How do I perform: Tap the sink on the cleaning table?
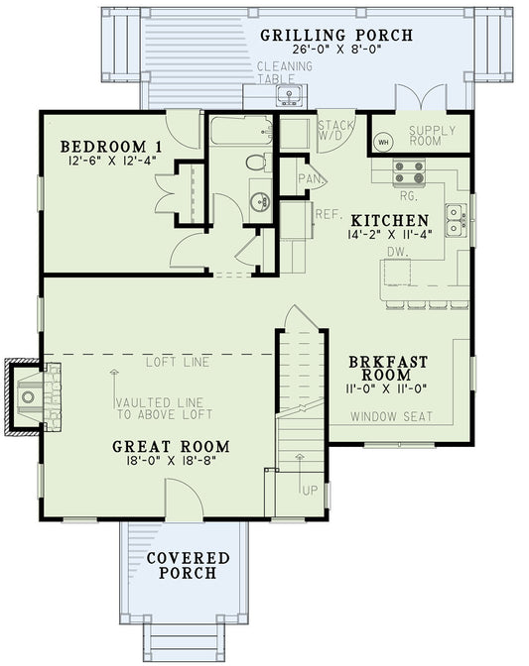tap(289, 95)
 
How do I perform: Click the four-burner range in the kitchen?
tap(410, 173)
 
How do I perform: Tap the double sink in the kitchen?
tap(456, 220)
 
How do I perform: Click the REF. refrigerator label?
tap(328, 213)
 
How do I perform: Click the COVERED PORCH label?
tap(189, 567)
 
